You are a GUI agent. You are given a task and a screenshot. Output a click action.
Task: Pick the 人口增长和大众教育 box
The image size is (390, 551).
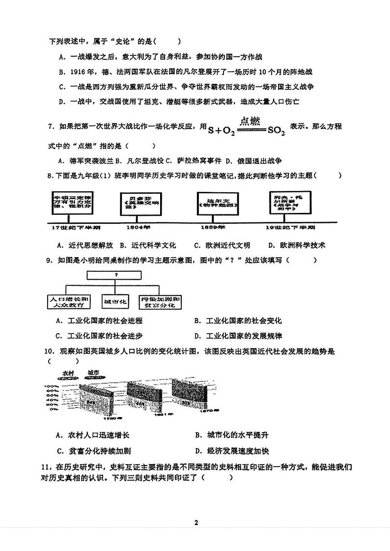[69, 301]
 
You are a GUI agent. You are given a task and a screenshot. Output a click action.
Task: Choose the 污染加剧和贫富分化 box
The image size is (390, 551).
[159, 301]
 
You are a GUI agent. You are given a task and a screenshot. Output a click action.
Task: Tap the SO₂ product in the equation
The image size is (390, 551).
[276, 131]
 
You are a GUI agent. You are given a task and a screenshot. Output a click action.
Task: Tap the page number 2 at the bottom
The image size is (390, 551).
[195, 523]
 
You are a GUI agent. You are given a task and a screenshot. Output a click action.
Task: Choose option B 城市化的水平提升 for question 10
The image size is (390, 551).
[231, 435]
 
